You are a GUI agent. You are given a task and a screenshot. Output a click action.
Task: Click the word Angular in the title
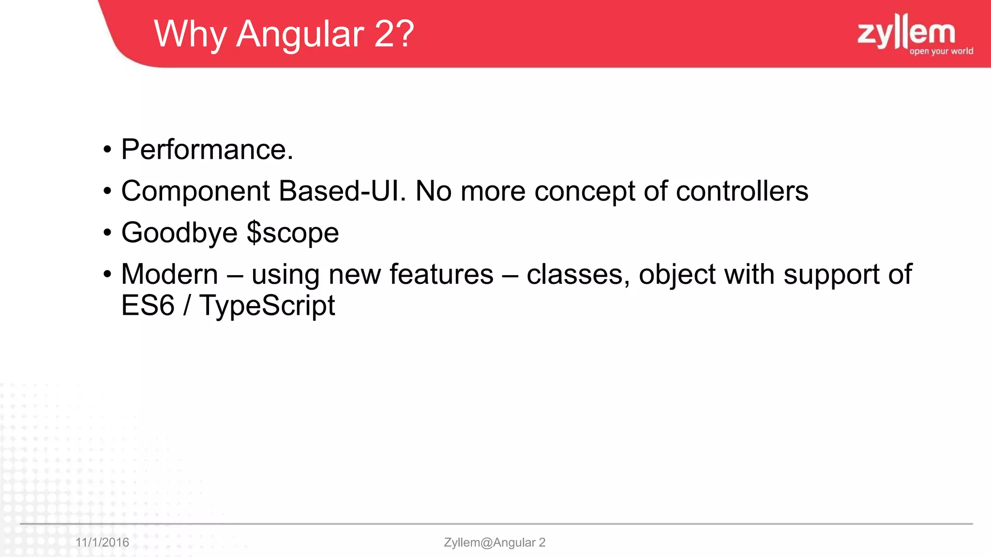[x=300, y=34]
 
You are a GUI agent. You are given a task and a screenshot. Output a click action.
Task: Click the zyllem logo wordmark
[x=906, y=31]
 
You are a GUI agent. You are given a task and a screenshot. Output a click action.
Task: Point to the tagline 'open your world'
[x=941, y=51]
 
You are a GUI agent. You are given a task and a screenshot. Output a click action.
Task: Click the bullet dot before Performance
[x=107, y=150]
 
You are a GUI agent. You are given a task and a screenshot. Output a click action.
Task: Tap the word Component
[x=195, y=191]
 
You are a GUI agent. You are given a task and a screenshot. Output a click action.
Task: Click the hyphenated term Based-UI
[x=342, y=191]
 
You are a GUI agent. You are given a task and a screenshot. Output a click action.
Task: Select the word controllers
[x=742, y=191]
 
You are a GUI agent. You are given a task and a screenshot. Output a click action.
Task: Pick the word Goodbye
[x=179, y=233]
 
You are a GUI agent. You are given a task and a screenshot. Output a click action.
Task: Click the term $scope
[x=293, y=233]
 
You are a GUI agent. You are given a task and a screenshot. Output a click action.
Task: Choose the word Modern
[x=169, y=274]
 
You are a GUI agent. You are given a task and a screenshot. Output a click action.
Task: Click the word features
[x=441, y=274]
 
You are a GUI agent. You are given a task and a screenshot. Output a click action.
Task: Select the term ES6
[x=148, y=306]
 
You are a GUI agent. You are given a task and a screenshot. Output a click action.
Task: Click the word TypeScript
[x=267, y=306]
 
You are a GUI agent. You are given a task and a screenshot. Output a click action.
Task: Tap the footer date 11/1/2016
[x=102, y=542]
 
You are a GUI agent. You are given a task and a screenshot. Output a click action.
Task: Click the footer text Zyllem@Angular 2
[x=495, y=542]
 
